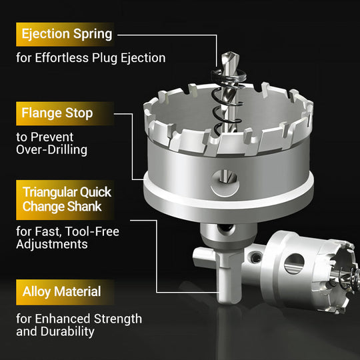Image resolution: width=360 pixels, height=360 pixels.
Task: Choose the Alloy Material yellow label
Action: click(62, 291)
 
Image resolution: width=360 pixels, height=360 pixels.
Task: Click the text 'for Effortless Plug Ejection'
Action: click(91, 57)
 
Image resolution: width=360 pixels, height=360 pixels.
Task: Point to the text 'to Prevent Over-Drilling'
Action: click(52, 143)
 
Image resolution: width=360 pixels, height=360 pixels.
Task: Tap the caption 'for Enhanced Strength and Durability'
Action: click(79, 325)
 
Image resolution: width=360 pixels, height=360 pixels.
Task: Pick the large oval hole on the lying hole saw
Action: click(294, 263)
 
